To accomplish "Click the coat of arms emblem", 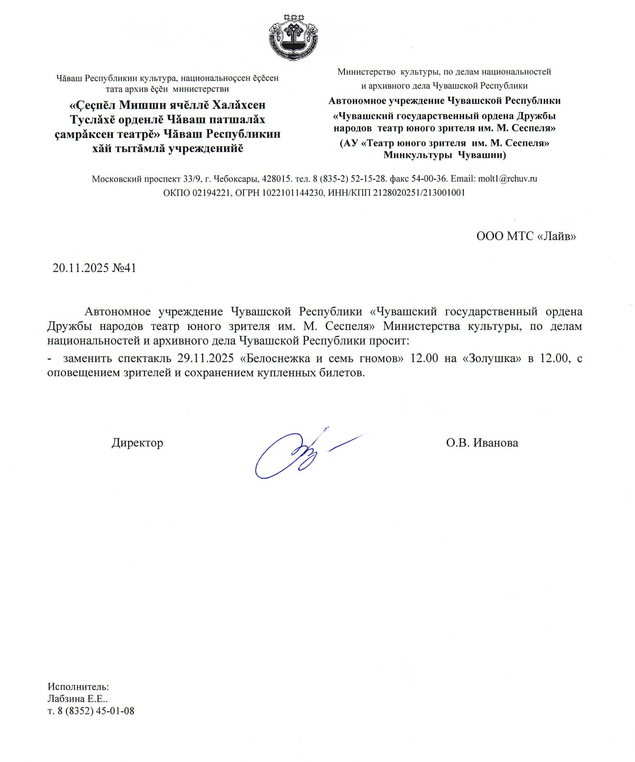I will coord(293,37).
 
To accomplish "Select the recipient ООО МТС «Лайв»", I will coord(526,236).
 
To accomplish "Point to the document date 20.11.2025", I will coord(80,268).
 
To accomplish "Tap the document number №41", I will coord(124,268).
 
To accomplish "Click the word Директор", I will coord(137,443).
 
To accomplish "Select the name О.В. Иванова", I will coord(482,443).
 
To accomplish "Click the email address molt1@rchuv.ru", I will coord(507,178).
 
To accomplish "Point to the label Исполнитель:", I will coord(78,687).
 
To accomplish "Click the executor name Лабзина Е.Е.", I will coord(77,699).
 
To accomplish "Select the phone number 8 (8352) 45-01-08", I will coord(96,711).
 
